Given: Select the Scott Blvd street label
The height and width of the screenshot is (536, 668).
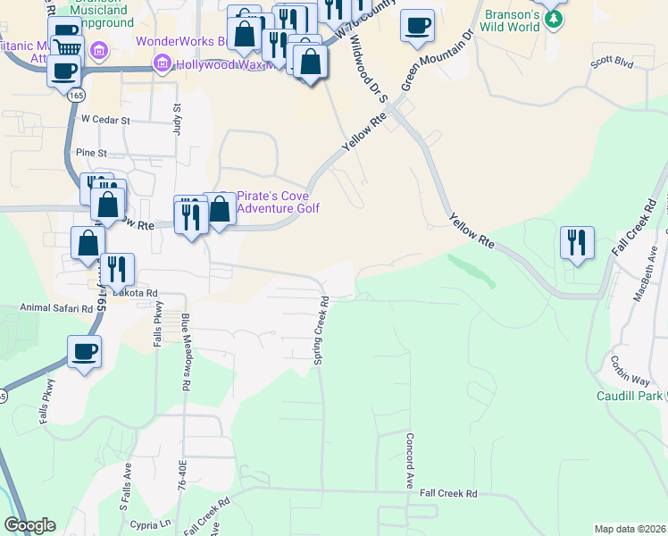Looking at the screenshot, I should pos(611,64).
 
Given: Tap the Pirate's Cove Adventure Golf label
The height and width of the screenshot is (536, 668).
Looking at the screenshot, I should pos(278,202).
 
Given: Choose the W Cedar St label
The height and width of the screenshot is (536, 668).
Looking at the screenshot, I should pos(105,119).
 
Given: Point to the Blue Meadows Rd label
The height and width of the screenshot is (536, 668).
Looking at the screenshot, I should pos(185,351).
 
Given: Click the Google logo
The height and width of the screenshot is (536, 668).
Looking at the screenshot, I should pos(29,525).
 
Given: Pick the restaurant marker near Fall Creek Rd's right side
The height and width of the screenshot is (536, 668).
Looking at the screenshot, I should pos(577,244).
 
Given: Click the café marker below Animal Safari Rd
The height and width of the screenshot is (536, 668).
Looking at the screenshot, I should pos(84,352).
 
